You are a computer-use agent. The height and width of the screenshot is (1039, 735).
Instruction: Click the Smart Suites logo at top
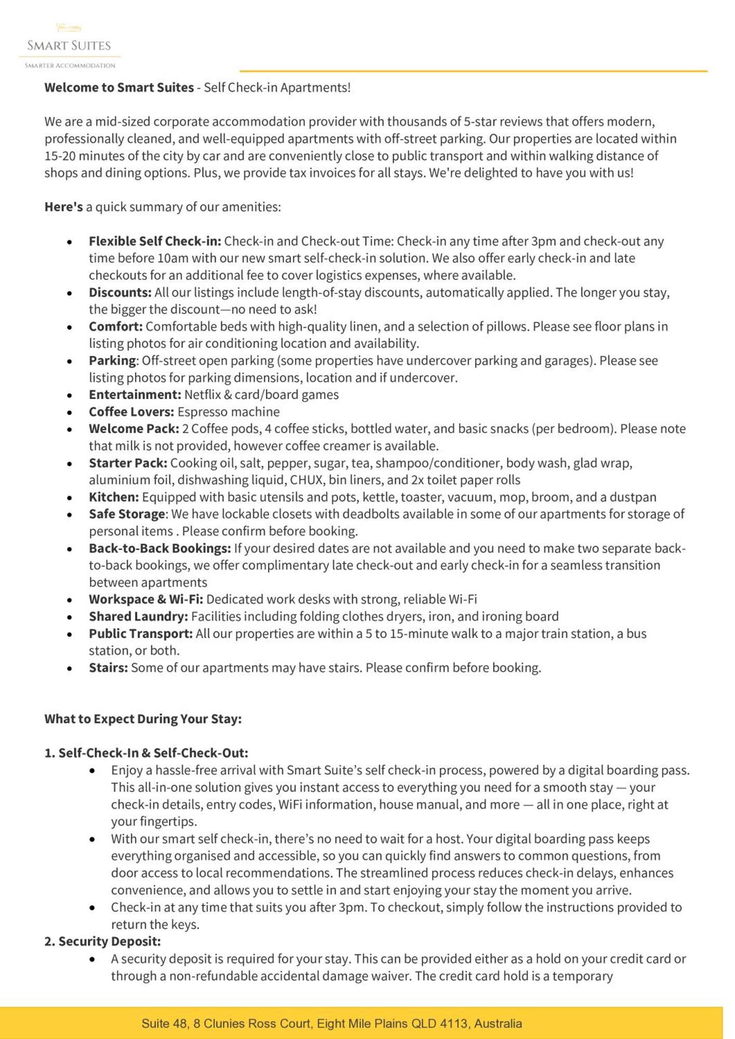pos(69,46)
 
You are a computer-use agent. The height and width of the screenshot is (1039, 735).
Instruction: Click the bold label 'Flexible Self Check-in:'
pos(155,241)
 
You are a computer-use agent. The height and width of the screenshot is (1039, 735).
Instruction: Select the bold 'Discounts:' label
pos(120,292)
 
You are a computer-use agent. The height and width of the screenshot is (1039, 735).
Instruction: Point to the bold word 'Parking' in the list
pos(112,361)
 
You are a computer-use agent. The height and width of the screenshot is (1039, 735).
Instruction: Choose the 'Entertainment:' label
pos(135,395)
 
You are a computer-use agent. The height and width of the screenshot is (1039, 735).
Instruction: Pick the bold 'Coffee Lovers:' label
pos(131,412)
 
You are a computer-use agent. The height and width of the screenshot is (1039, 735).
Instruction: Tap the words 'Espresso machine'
pos(229,412)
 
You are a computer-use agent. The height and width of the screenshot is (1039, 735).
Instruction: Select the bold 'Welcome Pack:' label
pos(133,429)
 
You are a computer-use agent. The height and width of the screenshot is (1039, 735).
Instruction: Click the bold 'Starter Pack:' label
pos(128,463)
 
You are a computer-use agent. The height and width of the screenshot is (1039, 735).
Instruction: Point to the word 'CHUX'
pos(308,480)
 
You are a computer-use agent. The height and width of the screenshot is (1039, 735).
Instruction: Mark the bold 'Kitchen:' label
pos(114,497)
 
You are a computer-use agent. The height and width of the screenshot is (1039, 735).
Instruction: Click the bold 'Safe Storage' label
pos(127,514)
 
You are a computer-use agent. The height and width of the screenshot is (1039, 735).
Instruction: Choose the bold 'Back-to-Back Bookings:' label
pos(159,549)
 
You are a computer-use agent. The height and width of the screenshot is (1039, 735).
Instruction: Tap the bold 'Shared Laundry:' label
pos(138,617)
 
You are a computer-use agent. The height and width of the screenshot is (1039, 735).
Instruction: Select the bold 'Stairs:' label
pos(108,668)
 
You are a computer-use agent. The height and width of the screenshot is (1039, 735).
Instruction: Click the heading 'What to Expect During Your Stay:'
pos(143,719)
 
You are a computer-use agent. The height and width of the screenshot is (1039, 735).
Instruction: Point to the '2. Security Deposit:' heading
pos(102,941)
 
